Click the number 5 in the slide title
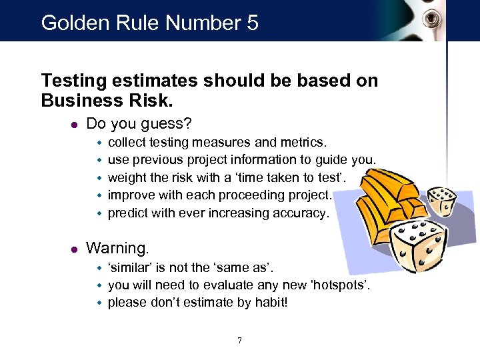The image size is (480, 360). [251, 23]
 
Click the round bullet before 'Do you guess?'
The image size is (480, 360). [74, 125]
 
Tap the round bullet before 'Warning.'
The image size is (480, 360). [74, 249]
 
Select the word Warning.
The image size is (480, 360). [117, 249]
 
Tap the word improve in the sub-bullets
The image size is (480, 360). [131, 195]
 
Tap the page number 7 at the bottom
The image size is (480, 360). [240, 341]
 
